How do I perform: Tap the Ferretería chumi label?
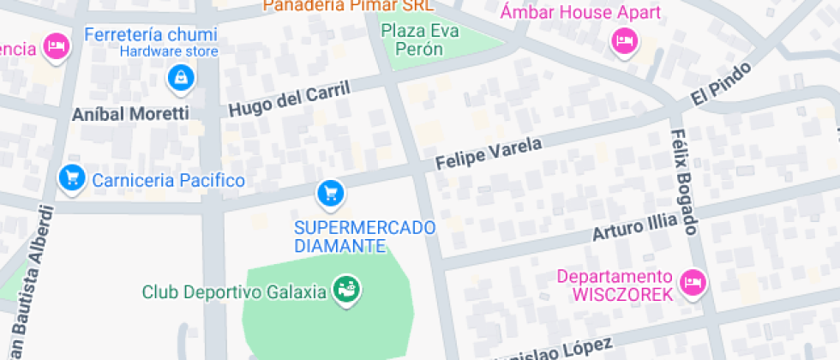point(151,35)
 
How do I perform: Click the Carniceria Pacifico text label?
point(169,180)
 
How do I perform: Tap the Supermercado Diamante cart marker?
point(331,194)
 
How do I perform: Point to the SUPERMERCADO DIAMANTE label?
point(364,237)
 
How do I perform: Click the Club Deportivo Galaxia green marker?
point(346,290)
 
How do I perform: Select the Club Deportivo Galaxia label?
point(234,291)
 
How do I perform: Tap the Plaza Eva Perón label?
point(420,40)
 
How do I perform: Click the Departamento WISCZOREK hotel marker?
point(692,281)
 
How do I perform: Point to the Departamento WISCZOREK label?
point(615,285)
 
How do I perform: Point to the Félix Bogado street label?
point(685,182)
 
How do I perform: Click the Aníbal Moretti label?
point(130,113)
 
